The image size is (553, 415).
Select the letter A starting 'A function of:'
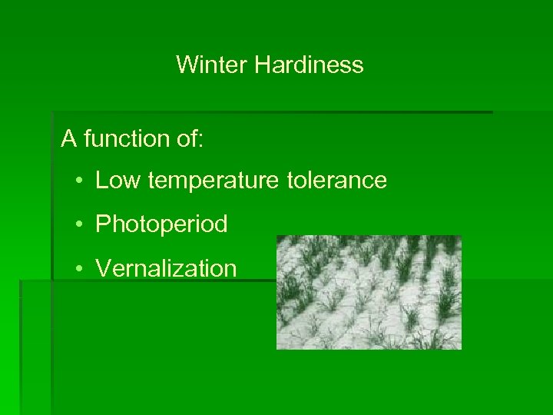pos(70,139)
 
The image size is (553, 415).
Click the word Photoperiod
pos(161,225)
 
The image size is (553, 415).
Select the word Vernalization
pos(166,269)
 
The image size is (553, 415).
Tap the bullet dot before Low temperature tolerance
pos(80,182)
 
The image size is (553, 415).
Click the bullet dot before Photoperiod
pos(80,225)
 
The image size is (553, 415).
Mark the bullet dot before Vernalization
pos(80,269)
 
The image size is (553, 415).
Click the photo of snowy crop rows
pos(369,292)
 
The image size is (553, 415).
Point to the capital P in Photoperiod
pos(102,224)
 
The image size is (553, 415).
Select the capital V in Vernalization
pos(102,269)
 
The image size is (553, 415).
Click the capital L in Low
pos(101,181)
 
